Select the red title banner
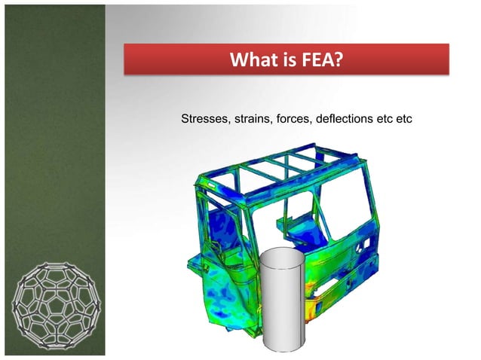tap(286, 58)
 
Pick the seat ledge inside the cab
tap(294, 226)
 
